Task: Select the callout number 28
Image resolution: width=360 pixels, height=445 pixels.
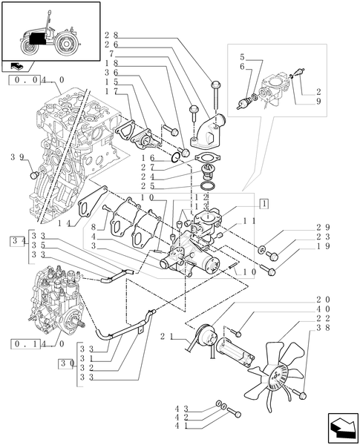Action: pos(111,36)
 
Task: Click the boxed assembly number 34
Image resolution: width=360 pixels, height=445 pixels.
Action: pos(17,241)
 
